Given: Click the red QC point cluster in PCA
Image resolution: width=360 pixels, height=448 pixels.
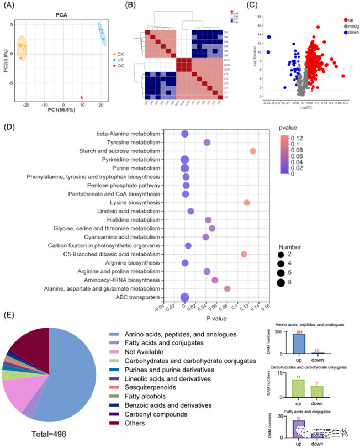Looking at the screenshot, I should click(82, 98).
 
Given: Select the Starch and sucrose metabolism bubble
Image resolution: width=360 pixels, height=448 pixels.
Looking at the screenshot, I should click(252, 151).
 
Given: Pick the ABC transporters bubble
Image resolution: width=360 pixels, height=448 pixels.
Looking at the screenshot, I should click(185, 297).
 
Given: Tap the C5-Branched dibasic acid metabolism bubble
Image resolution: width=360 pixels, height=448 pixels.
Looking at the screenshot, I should click(243, 254).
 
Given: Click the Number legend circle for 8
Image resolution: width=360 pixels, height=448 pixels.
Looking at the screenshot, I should click(281, 283).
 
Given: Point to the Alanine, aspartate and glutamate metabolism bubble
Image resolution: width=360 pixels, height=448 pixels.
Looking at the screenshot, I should click(227, 288).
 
